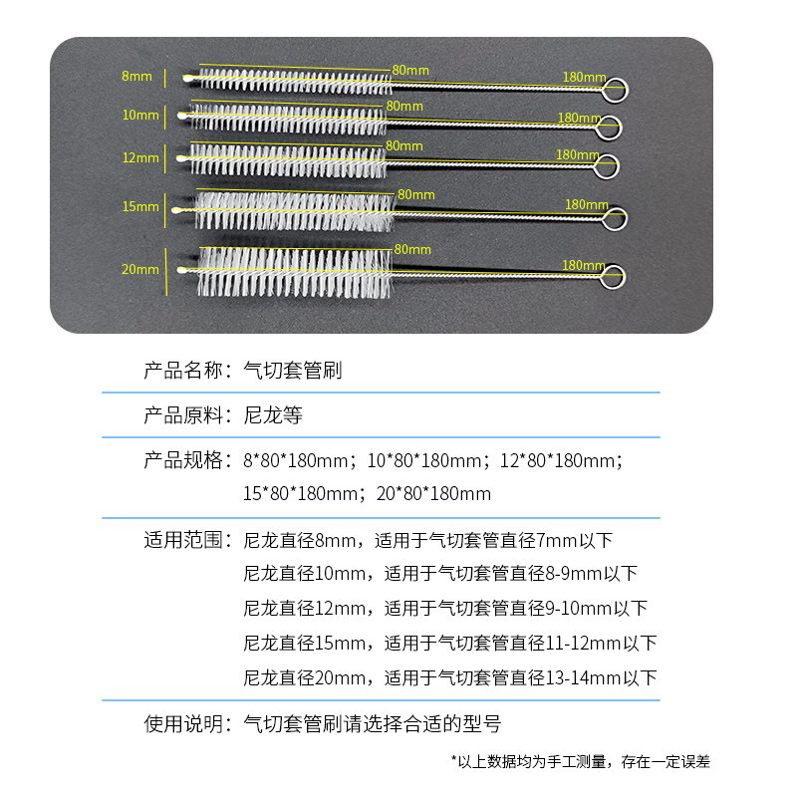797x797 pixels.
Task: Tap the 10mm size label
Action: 139,116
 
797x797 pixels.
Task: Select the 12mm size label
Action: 139,157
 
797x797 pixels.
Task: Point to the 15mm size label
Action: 139,207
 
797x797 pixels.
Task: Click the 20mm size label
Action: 139,269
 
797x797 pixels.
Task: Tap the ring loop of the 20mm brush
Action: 615,277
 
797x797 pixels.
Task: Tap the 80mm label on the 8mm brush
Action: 410,70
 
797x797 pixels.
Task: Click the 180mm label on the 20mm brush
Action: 584,266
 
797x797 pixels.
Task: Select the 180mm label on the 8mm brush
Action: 584,77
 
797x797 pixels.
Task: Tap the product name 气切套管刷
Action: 293,371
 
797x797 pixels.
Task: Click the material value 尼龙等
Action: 273,415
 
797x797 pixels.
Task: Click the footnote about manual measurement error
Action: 581,762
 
